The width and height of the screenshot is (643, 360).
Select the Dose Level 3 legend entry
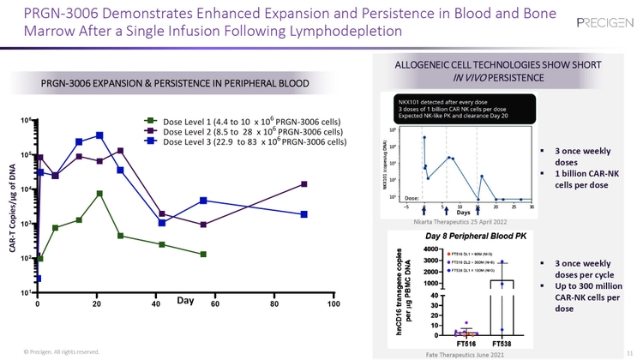[244, 143]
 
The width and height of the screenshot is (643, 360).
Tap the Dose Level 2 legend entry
[244, 132]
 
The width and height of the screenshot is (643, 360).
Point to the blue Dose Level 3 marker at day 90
[304, 214]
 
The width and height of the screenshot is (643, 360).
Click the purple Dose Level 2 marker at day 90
[304, 184]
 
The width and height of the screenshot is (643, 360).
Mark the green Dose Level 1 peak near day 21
[99, 194]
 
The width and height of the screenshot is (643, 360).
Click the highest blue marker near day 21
[99, 135]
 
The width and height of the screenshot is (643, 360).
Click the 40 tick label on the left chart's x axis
[155, 304]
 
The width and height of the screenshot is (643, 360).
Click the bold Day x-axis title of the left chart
[186, 301]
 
